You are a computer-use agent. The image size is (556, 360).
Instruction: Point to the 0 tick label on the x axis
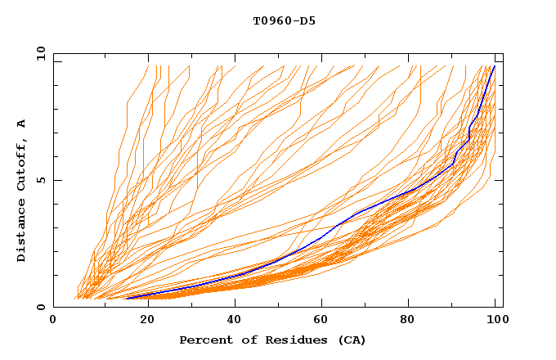(53, 320)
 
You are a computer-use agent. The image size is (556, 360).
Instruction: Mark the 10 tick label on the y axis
(40, 54)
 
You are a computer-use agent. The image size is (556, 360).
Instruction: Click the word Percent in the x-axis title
(202, 340)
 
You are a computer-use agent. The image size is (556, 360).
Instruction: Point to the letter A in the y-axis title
(21, 124)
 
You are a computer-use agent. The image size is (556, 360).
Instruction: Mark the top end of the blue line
(494, 66)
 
